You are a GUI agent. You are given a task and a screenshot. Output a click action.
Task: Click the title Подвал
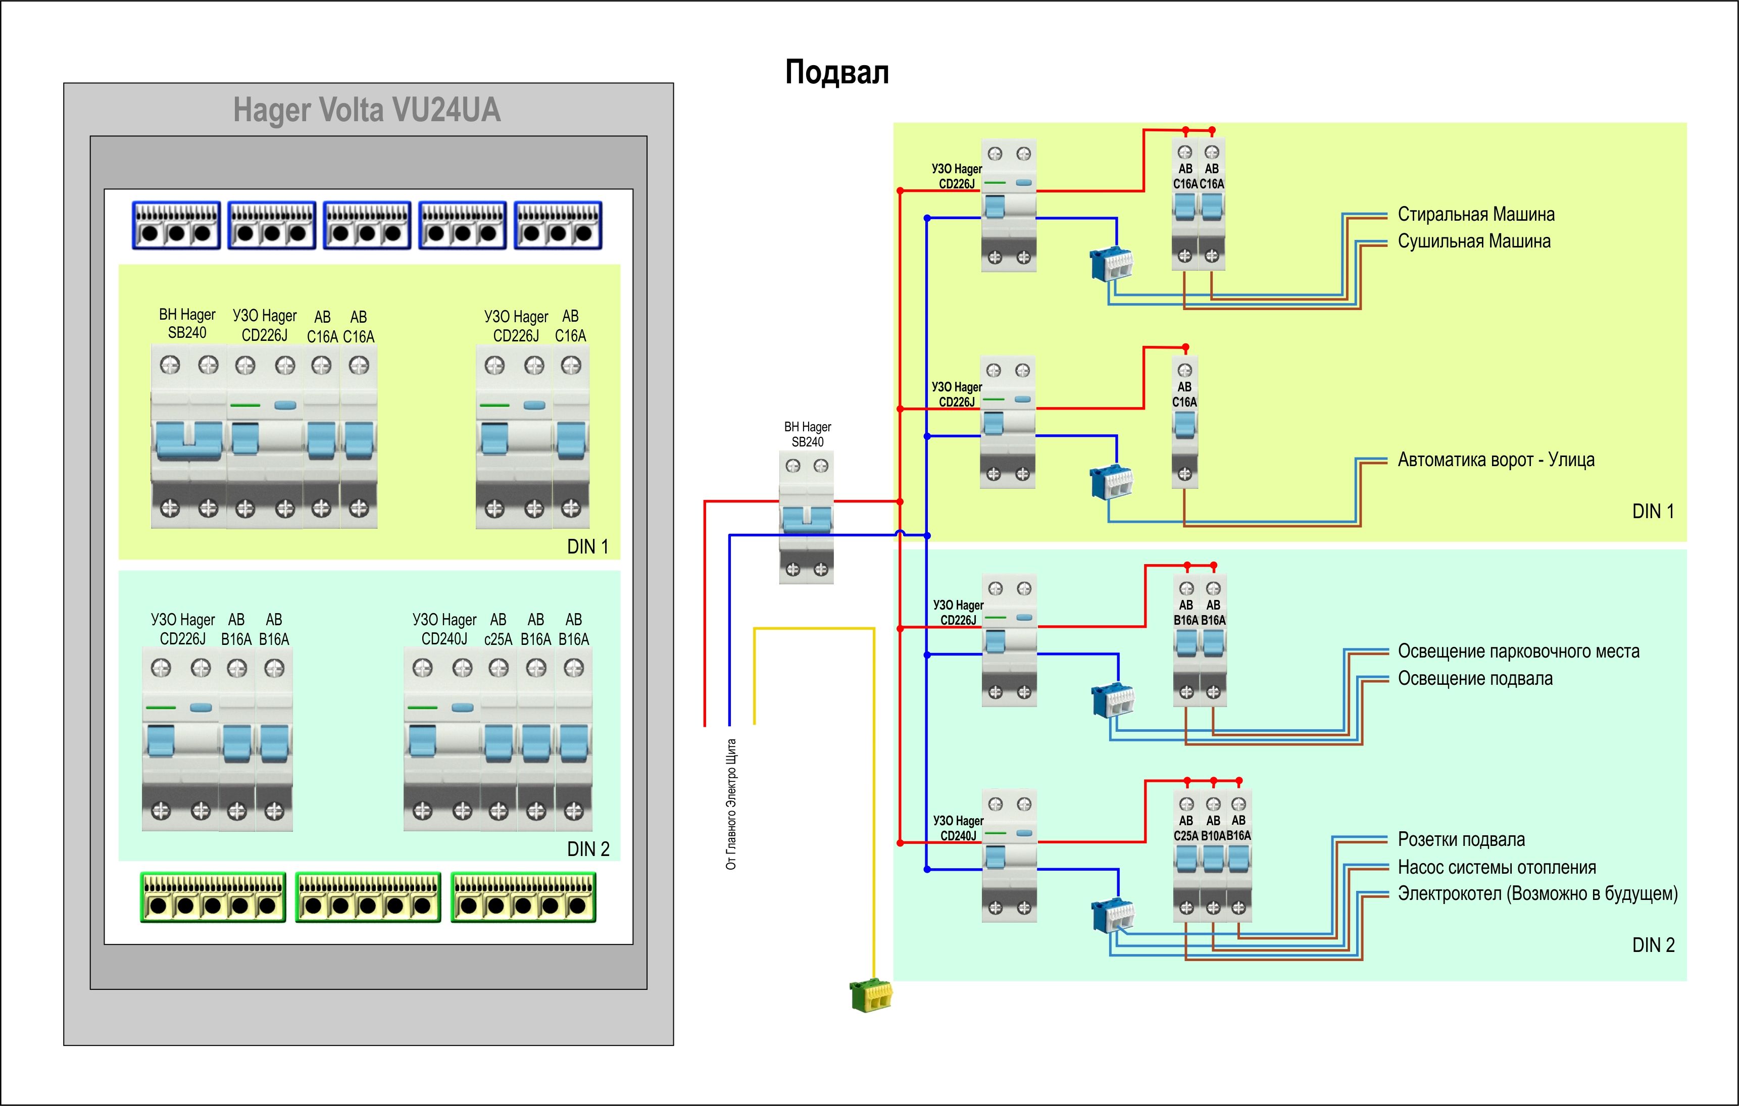click(836, 72)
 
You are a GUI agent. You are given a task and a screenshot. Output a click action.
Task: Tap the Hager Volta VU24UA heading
click(366, 110)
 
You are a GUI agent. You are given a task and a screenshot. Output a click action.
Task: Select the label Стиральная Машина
click(1475, 215)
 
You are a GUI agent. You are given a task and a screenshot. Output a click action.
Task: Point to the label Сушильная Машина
click(1473, 241)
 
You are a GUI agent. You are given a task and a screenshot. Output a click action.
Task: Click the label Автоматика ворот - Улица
click(1496, 460)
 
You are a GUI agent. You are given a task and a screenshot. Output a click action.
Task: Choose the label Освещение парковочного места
click(1518, 651)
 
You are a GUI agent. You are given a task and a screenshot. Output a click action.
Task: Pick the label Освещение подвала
click(1475, 679)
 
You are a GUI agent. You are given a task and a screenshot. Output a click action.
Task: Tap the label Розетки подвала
click(1461, 840)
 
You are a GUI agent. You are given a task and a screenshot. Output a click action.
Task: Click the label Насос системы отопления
click(1497, 867)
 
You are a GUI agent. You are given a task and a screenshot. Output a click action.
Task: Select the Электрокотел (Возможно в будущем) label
click(1537, 894)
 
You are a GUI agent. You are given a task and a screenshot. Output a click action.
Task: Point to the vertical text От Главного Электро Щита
click(731, 803)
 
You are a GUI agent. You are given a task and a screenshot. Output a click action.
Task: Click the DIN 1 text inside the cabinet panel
click(587, 546)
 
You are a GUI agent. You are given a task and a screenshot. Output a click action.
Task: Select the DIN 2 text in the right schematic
click(1652, 945)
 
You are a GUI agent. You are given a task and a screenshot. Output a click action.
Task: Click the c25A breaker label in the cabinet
click(498, 639)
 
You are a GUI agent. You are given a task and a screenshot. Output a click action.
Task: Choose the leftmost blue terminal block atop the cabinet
click(176, 225)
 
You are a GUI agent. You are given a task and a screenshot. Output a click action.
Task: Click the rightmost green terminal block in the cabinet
click(524, 897)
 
